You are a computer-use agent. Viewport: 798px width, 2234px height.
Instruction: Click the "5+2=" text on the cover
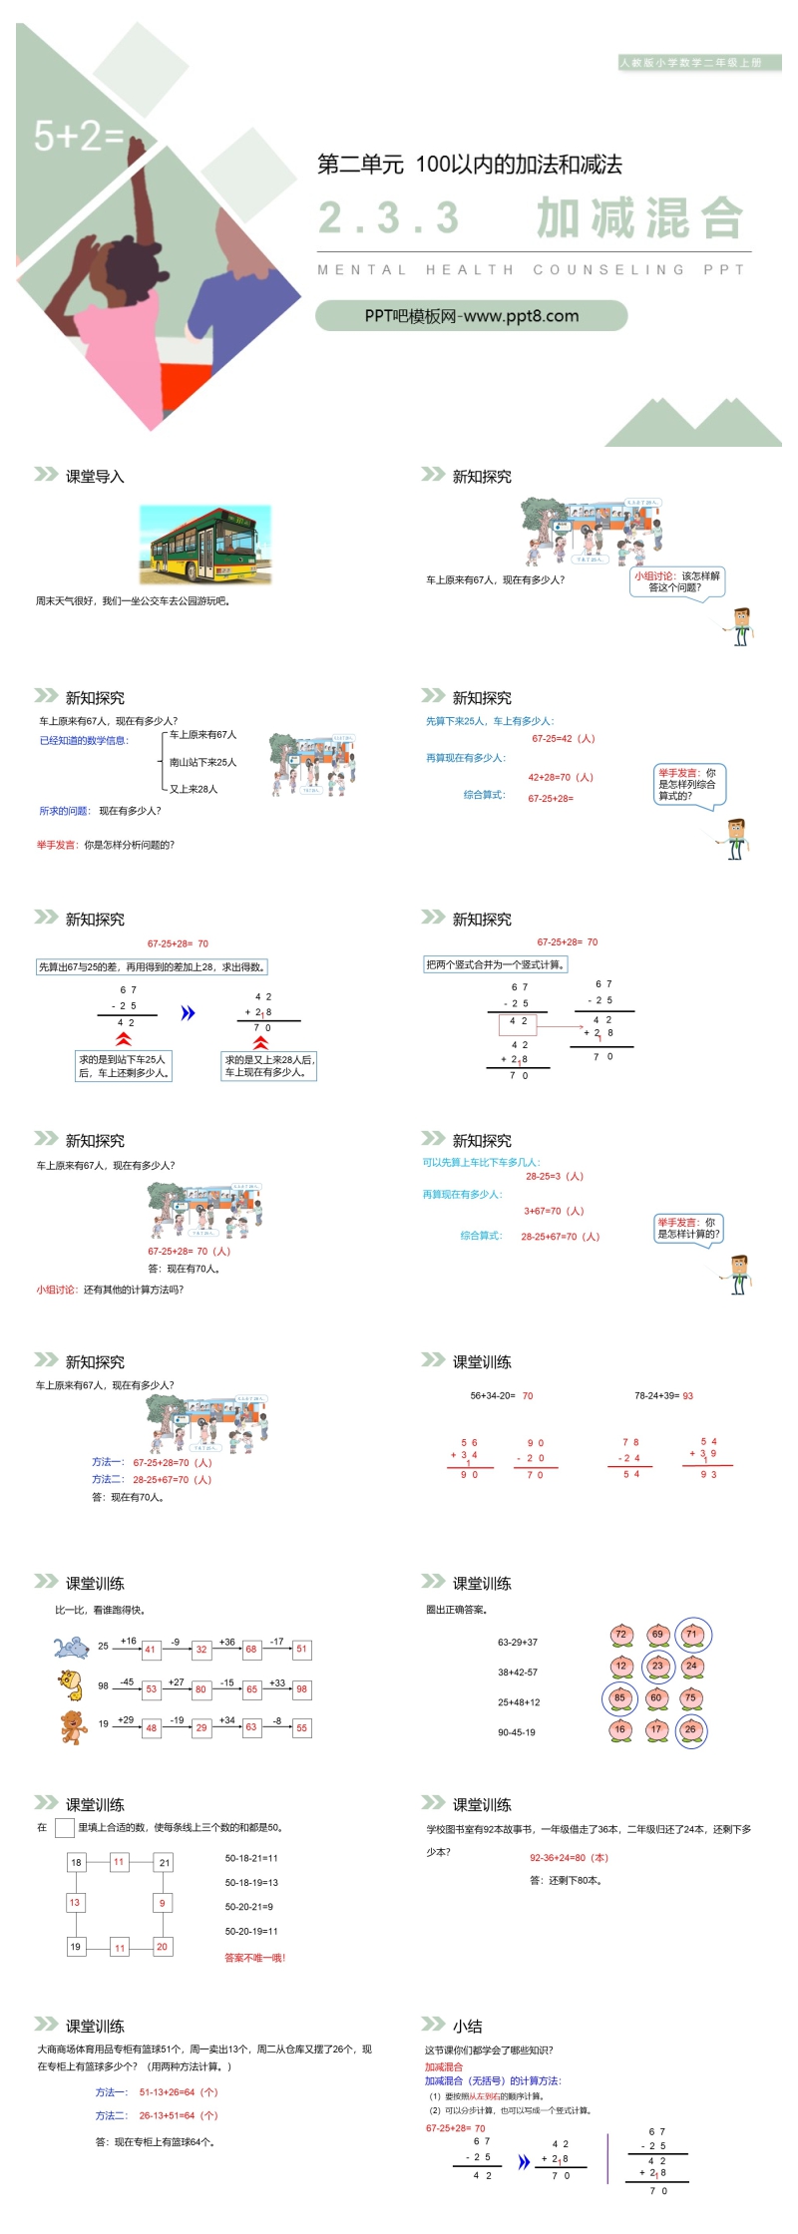pos(78,136)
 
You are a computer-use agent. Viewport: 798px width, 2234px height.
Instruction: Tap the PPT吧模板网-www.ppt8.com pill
pos(472,316)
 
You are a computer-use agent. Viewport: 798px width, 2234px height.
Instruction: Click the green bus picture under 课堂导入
pos(204,545)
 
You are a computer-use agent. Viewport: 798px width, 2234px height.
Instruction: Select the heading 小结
pos(467,2026)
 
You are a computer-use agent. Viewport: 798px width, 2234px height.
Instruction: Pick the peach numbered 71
pos(692,1635)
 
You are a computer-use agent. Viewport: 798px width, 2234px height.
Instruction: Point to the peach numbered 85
pos(619,1698)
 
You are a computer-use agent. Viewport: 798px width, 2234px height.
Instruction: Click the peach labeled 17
pos(655,1730)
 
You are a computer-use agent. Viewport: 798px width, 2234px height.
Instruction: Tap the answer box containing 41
pos(151,1650)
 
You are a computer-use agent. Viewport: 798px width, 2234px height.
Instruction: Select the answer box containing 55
pos(301,1728)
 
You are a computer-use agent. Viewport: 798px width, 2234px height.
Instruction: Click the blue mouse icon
pos(72,1647)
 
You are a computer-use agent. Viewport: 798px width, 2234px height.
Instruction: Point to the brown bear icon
pos(73,1726)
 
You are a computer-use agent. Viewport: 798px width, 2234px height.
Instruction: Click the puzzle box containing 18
pos(76,1863)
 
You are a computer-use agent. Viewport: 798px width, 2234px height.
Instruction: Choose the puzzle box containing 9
pos(162,1904)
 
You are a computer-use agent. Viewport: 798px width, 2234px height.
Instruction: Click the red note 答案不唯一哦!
pos(255,1958)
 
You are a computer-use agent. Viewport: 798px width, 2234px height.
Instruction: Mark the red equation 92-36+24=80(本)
pos(569,1858)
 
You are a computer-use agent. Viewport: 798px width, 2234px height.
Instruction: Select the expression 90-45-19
pos(517,1732)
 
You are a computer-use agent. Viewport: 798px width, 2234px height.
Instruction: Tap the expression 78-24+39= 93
pos(663,1396)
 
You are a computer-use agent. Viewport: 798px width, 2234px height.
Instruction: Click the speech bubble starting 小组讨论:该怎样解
pos(676,581)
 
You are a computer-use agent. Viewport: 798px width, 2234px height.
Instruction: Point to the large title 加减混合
pos(639,217)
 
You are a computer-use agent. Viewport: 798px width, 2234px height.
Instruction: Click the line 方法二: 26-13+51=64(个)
pos(157,2115)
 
